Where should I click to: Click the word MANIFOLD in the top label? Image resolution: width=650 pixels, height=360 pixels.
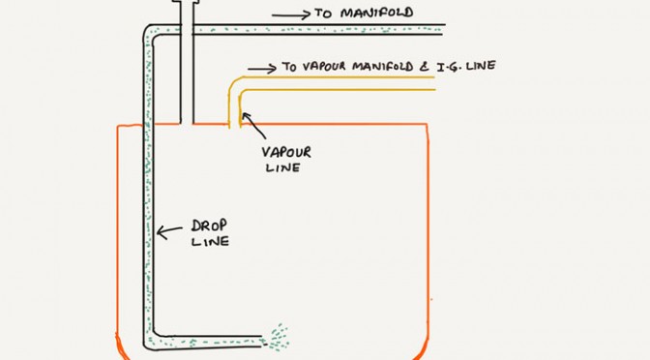coord(377,13)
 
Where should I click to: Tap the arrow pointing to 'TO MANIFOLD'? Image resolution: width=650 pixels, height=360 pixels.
coord(291,15)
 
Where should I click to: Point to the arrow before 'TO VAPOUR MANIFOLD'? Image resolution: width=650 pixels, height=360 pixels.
coord(262,69)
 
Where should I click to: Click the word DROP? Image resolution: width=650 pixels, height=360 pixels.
coord(209,226)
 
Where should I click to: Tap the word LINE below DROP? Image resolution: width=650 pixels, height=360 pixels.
coord(210,241)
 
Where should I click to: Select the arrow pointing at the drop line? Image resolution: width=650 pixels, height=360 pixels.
coord(169,231)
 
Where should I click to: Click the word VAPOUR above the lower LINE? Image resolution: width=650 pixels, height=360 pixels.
coord(286,152)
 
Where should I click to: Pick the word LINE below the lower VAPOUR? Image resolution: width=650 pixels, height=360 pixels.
coord(282,167)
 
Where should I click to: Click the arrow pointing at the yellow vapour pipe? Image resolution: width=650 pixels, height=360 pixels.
coord(253,125)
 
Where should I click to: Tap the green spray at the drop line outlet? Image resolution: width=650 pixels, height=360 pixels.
coord(278,337)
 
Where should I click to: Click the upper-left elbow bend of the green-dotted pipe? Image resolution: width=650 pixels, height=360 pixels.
coord(149,32)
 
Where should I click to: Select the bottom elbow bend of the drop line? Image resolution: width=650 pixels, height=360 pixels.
coord(151,341)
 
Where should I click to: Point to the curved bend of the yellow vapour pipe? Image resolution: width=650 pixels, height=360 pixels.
coord(236,84)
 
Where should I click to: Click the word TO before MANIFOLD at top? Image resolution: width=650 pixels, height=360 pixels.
coord(323,14)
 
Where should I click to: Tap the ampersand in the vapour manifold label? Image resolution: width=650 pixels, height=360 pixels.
coord(425,67)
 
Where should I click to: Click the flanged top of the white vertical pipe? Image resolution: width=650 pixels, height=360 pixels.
coord(186,2)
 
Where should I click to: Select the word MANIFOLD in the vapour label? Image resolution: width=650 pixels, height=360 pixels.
coord(383,67)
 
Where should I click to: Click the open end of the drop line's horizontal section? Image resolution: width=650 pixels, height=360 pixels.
coord(262,341)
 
